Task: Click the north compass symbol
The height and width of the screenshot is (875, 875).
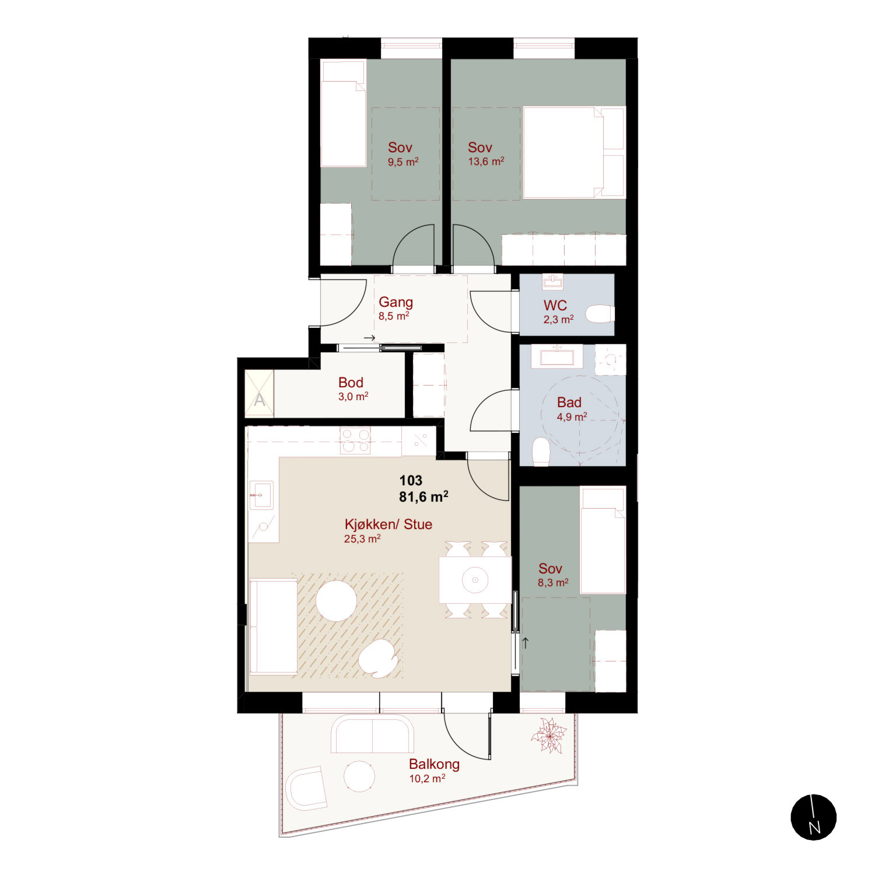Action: (x=813, y=817)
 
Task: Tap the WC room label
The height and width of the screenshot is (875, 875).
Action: (x=555, y=305)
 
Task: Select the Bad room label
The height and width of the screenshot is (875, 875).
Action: (x=569, y=402)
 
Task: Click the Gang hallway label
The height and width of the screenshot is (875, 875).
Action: (x=395, y=302)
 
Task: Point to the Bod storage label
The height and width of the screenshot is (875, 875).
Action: (x=351, y=382)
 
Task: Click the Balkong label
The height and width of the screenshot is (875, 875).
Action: (x=434, y=764)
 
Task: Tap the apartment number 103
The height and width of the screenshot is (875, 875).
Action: (x=411, y=480)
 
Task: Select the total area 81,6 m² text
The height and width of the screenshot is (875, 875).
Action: (x=423, y=496)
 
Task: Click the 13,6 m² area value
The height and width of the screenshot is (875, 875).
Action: (x=486, y=162)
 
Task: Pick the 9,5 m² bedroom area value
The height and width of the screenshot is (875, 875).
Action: (x=403, y=162)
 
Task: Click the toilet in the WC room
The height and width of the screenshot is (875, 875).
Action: (x=600, y=314)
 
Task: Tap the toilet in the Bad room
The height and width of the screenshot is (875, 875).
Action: (x=541, y=452)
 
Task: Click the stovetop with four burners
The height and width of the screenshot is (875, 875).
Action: (x=355, y=440)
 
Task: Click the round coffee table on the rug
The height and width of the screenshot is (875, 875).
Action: (x=336, y=601)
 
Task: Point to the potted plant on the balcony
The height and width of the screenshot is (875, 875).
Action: (x=548, y=736)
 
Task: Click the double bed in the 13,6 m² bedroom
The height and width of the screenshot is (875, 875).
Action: (x=574, y=152)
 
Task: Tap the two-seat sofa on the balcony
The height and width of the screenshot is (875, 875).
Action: (x=373, y=734)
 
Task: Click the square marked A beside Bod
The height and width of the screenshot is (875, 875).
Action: (x=259, y=394)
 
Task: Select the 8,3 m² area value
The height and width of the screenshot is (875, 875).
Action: (x=553, y=583)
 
